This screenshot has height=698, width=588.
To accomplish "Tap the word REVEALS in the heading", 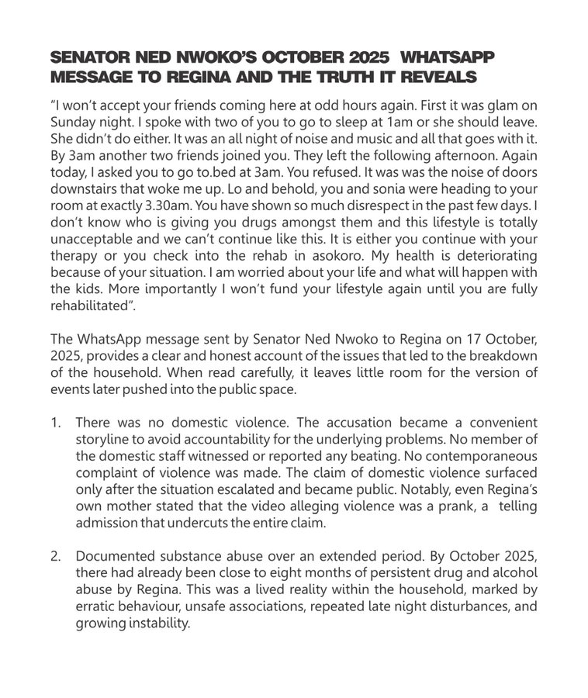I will coord(438,78).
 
